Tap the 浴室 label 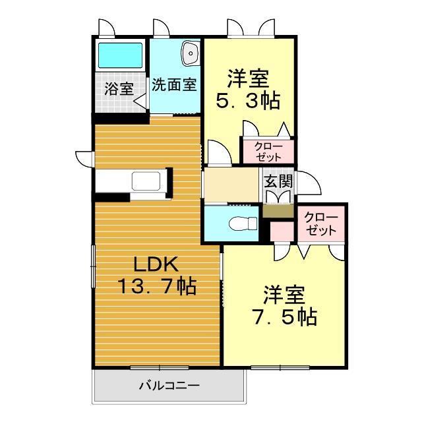(x=119, y=89)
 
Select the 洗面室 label (x=174, y=85)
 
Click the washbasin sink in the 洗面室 (x=190, y=52)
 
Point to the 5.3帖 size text (x=249, y=101)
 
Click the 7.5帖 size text (x=285, y=316)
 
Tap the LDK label (x=156, y=265)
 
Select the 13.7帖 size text (x=156, y=287)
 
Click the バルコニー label (x=169, y=385)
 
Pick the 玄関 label (x=278, y=180)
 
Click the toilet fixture (x=242, y=224)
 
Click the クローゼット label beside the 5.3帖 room (x=268, y=152)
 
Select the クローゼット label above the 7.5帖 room (x=321, y=225)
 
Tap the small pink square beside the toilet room (x=282, y=231)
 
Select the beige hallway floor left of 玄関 (x=230, y=185)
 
